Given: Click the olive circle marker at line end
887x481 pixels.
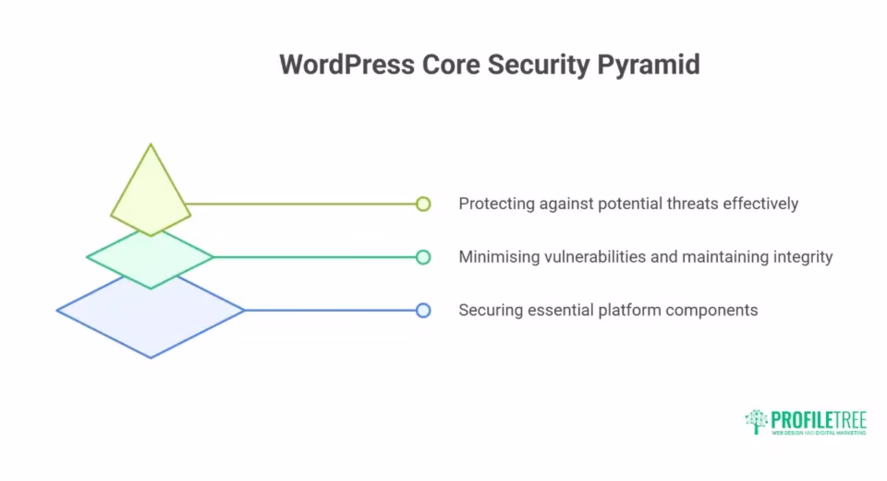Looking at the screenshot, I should [x=423, y=203].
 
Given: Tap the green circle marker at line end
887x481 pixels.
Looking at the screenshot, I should [x=423, y=257].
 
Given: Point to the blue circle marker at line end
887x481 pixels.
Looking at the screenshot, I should [x=423, y=311].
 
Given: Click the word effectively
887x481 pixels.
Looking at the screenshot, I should [x=760, y=203].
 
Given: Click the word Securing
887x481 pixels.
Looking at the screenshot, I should [x=490, y=311].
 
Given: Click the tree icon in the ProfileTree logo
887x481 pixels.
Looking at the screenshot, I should [x=757, y=421].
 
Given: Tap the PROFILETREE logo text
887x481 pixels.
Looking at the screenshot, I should [x=820, y=418].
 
